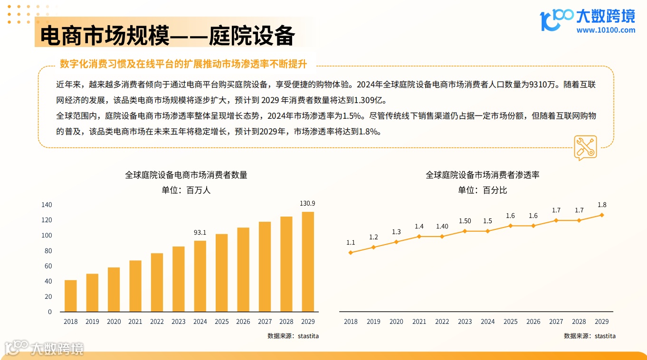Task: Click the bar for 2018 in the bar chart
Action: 70,296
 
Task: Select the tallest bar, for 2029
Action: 308,262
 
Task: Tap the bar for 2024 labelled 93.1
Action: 200,276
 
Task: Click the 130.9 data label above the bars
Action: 307,203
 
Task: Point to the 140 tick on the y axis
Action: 47,205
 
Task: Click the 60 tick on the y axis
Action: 48,266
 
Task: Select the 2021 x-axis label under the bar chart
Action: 135,322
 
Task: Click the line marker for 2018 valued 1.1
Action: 351,253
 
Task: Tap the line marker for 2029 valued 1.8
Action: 602,215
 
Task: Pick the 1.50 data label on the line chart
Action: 465,221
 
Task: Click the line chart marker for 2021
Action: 419,236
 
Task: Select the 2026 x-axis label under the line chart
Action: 533,322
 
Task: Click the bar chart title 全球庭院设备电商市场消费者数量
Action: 186,175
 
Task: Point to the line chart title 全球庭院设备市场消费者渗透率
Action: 482,175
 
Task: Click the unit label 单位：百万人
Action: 186,190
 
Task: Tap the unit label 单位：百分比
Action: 482,190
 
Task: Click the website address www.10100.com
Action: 606,30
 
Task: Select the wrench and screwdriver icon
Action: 585,147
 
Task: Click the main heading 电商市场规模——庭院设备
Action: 167,36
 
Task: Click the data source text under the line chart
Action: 590,336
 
